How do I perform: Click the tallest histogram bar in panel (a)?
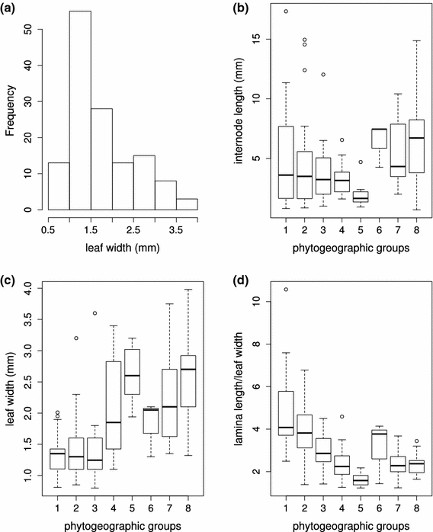(x=79, y=111)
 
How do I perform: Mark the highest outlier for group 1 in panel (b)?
(x=286, y=11)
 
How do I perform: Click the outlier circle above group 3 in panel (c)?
(x=95, y=313)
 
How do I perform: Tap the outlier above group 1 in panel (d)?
(x=286, y=289)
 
